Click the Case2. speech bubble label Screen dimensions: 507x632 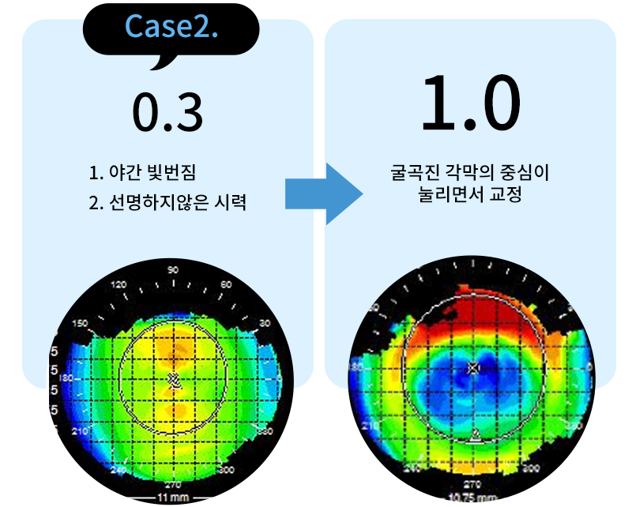[171, 28]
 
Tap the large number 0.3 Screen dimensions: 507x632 [167, 114]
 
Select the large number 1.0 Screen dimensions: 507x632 [471, 106]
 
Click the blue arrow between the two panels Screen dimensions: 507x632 [324, 193]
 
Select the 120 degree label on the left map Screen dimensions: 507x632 [119, 284]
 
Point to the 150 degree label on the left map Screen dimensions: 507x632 [80, 323]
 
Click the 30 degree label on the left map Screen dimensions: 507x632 [264, 324]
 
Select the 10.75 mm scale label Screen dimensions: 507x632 [472, 498]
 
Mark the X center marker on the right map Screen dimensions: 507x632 [472, 368]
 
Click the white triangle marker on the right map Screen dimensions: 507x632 [475, 435]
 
